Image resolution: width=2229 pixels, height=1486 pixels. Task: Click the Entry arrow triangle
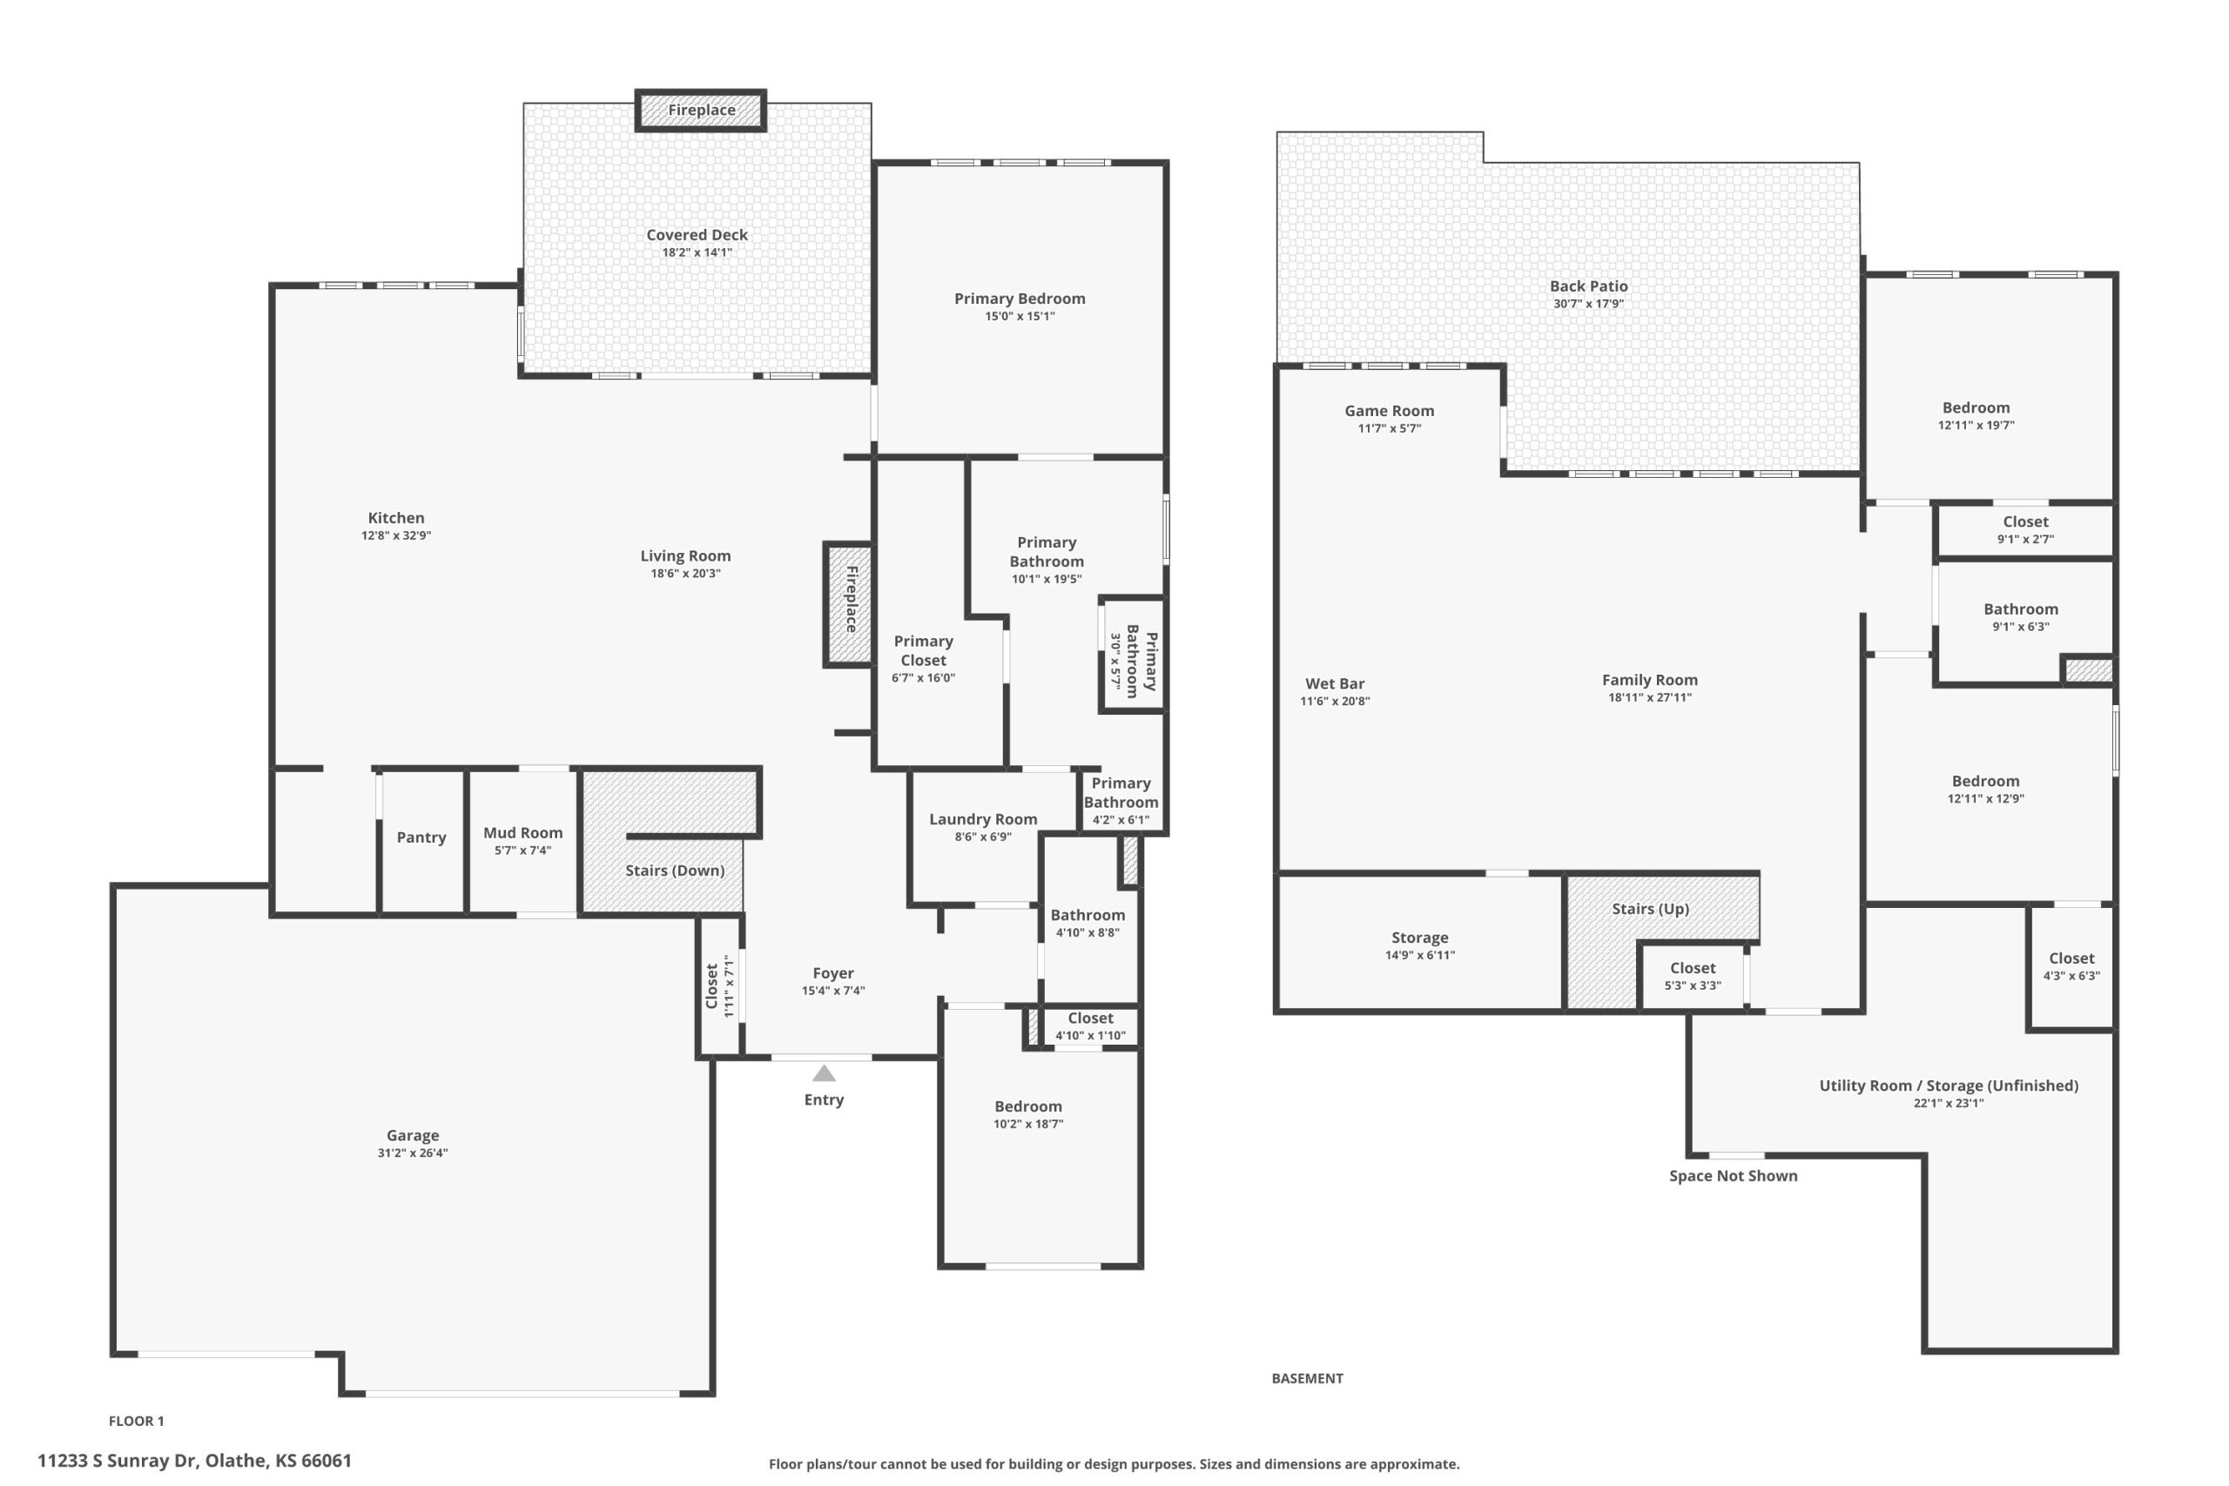[x=824, y=1072]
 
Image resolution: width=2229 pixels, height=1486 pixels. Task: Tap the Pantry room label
[x=421, y=837]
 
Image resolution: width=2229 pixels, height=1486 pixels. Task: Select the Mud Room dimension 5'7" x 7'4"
[x=522, y=851]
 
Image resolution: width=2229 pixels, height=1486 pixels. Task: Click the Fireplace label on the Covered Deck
[x=701, y=110]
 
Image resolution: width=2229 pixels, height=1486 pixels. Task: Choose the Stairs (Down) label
[x=675, y=870]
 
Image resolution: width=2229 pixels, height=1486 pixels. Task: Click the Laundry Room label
[x=983, y=819]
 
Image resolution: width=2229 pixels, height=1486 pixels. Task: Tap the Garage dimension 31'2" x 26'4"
[x=412, y=1153]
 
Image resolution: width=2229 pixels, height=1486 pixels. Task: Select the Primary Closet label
[x=923, y=650]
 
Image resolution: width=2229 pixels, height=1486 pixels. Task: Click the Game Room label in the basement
[x=1390, y=410]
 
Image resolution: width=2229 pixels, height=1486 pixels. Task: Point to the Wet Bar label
[x=1335, y=683]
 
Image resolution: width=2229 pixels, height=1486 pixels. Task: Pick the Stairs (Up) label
[x=1650, y=908]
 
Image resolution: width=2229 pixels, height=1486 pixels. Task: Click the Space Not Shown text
[x=1734, y=1175]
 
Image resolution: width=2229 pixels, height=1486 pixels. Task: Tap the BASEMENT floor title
[x=1307, y=1378]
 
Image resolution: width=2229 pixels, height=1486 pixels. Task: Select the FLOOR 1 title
[x=137, y=1421]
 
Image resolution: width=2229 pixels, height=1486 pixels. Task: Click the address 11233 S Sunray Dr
[x=116, y=1461]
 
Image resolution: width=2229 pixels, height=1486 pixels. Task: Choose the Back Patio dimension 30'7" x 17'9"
[x=1588, y=303]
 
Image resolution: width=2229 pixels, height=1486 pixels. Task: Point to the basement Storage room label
[x=1419, y=938]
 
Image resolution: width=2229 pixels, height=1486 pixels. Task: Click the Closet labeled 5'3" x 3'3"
[x=1693, y=968]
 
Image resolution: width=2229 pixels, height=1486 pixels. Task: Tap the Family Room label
[x=1649, y=680]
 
